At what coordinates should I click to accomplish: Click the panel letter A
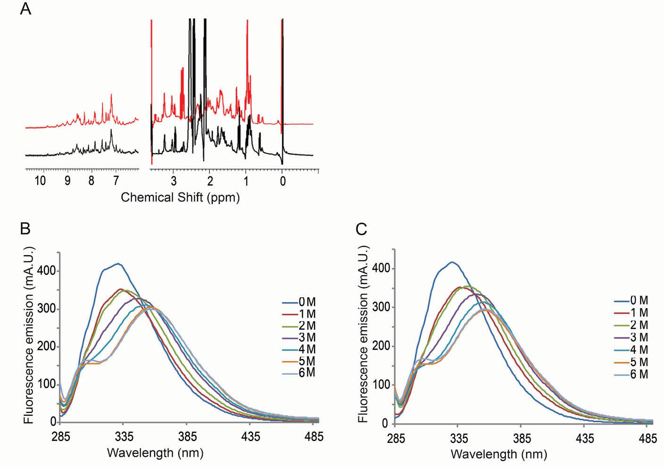tap(25, 8)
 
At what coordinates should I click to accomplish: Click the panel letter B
tap(25, 228)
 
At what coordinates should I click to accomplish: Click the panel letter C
tap(361, 229)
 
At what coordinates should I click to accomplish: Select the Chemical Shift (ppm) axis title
tap(180, 197)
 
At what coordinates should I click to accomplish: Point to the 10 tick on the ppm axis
tap(40, 181)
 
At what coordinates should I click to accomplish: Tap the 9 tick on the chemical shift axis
tap(67, 181)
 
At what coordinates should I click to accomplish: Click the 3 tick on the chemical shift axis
tap(174, 181)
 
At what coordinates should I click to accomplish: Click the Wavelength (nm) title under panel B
tap(155, 453)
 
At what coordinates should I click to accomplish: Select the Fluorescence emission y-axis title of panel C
tap(363, 334)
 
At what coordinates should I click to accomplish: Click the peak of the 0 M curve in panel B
tap(118, 264)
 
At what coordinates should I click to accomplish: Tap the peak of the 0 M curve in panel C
tap(452, 262)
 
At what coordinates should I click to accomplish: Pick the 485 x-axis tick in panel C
tap(648, 438)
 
